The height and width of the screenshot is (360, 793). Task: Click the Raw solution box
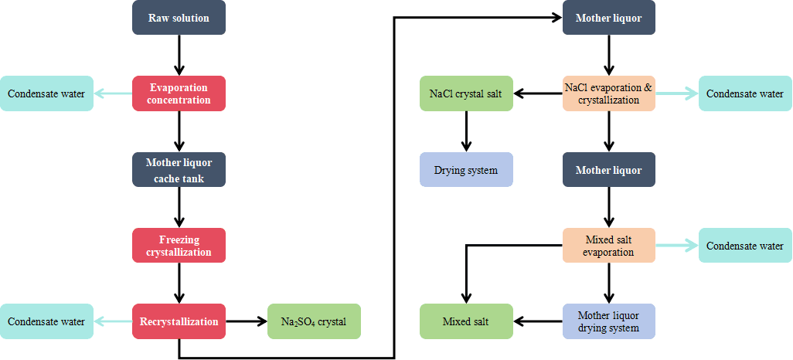(179, 18)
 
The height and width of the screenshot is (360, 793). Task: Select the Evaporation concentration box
(179, 93)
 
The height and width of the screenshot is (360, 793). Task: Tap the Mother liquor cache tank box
(179, 169)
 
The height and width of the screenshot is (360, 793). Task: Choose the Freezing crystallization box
(179, 246)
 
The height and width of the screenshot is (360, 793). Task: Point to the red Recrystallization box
(179, 321)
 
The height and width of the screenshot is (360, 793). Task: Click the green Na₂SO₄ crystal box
(314, 321)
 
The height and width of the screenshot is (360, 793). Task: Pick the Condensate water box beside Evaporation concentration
(46, 93)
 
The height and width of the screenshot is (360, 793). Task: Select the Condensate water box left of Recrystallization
(46, 321)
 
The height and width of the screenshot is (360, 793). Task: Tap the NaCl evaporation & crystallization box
(609, 93)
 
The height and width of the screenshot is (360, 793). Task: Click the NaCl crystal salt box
(466, 93)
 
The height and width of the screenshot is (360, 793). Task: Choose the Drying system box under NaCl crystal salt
(466, 169)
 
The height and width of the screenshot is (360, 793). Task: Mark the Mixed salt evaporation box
(609, 246)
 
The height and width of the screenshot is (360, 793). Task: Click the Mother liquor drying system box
(609, 321)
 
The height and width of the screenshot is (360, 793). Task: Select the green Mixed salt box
(466, 321)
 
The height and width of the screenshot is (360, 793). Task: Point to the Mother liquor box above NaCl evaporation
(609, 18)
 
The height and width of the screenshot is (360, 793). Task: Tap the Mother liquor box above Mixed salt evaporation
(609, 169)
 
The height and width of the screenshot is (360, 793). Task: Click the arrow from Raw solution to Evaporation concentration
(179, 55)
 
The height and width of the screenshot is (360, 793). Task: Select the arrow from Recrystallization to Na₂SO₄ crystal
(247, 321)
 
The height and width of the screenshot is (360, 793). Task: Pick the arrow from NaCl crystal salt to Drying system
(466, 131)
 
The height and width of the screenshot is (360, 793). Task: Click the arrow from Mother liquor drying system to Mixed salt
(538, 321)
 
